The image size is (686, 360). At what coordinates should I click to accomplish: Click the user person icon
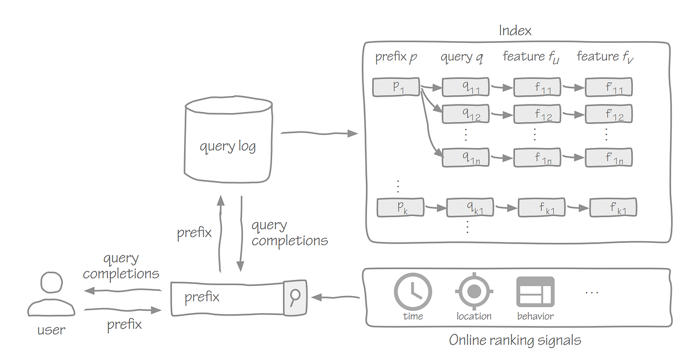[51, 294]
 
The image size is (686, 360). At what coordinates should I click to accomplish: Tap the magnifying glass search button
[296, 297]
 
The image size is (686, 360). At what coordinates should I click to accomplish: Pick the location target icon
[473, 291]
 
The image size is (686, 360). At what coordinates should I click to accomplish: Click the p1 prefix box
[396, 87]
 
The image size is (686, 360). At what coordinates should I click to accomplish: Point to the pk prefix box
[401, 207]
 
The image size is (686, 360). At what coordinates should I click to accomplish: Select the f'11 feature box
[609, 87]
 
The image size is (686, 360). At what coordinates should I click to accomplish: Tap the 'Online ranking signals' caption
[514, 341]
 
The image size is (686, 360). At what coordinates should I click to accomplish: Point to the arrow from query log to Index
[319, 133]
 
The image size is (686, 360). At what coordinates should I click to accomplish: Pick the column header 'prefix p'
[396, 57]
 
